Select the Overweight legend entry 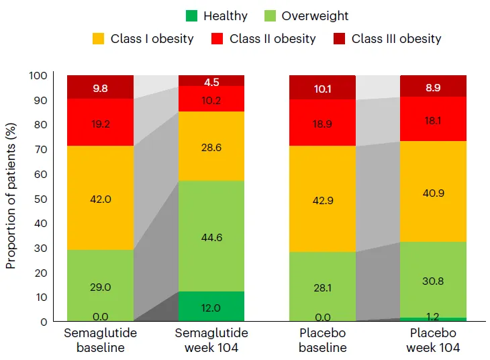[x=315, y=15]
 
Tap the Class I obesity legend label [x=152, y=38]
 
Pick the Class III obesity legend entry [x=397, y=38]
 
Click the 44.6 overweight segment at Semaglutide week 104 [x=211, y=236]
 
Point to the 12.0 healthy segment [x=211, y=307]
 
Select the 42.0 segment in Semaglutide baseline [x=100, y=198]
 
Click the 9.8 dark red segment [x=100, y=87]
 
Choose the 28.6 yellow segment [x=211, y=146]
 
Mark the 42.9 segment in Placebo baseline [x=322, y=199]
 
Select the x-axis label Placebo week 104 [x=434, y=341]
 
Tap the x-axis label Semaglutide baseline [x=100, y=341]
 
